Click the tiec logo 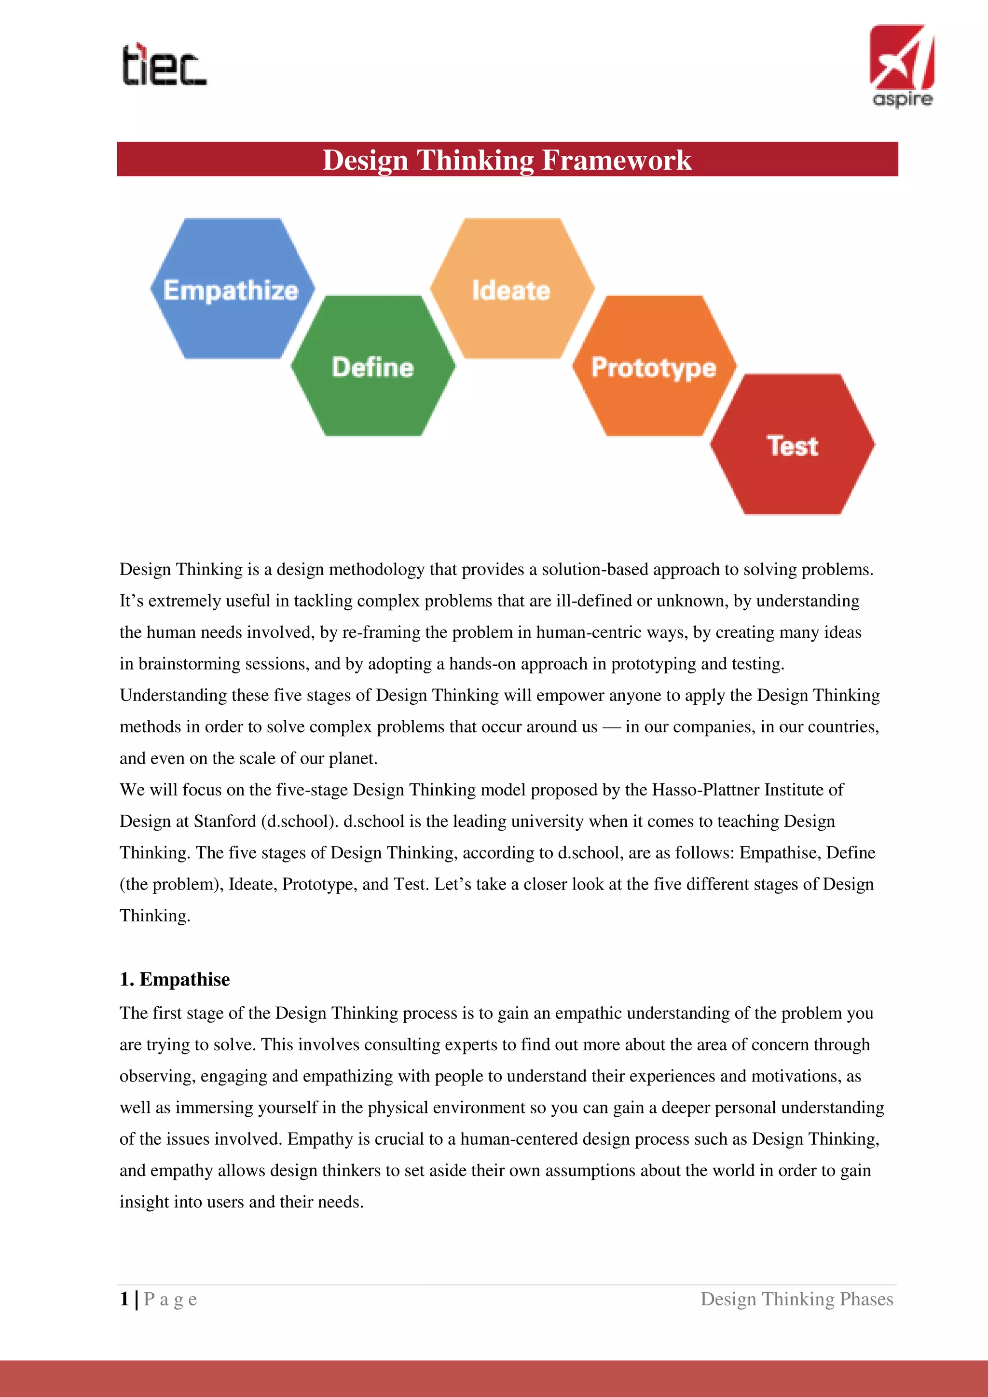pos(164,65)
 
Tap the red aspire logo pos(902,65)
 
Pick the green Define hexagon pos(373,366)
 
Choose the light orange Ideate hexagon pos(512,288)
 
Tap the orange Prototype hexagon pos(654,366)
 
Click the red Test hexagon pos(792,445)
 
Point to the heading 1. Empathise pos(175,979)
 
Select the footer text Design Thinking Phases pos(796,1299)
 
